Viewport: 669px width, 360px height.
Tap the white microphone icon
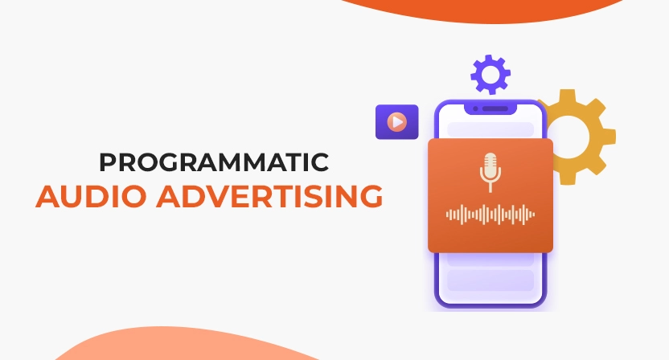(490, 170)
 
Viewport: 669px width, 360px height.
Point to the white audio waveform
(490, 215)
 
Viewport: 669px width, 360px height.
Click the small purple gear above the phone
(490, 75)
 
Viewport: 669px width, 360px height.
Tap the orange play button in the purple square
(396, 122)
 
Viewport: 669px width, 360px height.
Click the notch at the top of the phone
(490, 108)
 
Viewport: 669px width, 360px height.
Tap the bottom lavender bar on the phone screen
(490, 280)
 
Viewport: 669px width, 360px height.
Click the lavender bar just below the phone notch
(490, 129)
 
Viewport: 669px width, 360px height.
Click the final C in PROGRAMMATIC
(320, 162)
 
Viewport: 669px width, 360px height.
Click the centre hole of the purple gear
(490, 75)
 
